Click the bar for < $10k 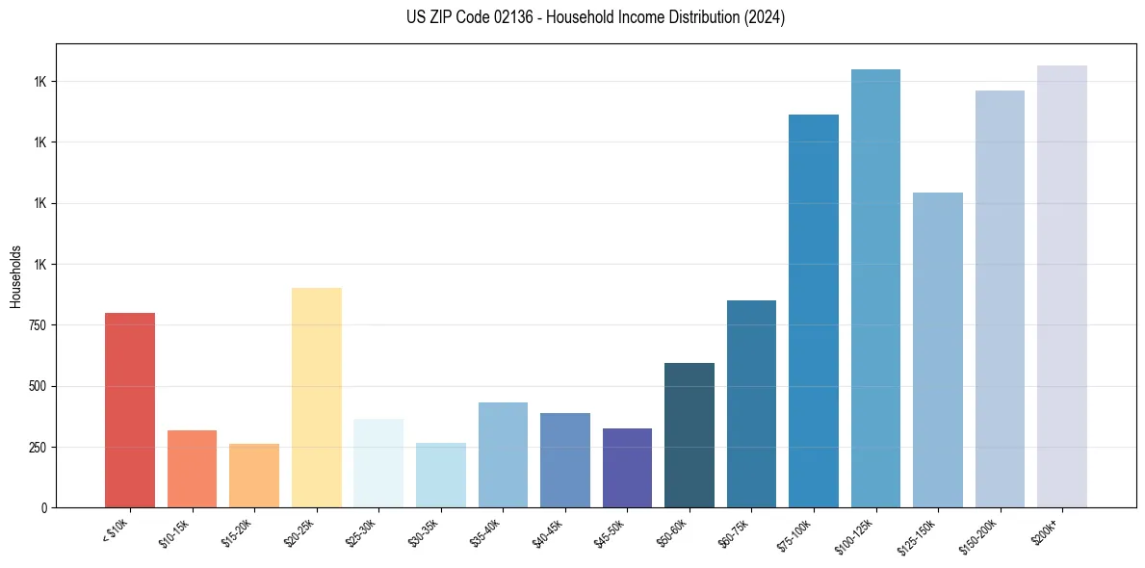[130, 410]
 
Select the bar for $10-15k [192, 469]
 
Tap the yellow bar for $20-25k [317, 398]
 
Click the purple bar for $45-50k [627, 468]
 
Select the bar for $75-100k [814, 311]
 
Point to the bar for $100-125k [875, 289]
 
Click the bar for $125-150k [938, 349]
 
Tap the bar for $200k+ [1062, 287]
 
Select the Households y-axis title [16, 275]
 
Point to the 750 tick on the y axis [38, 325]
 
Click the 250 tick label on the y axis [38, 448]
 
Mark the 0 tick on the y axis [44, 508]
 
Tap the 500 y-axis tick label [38, 386]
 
